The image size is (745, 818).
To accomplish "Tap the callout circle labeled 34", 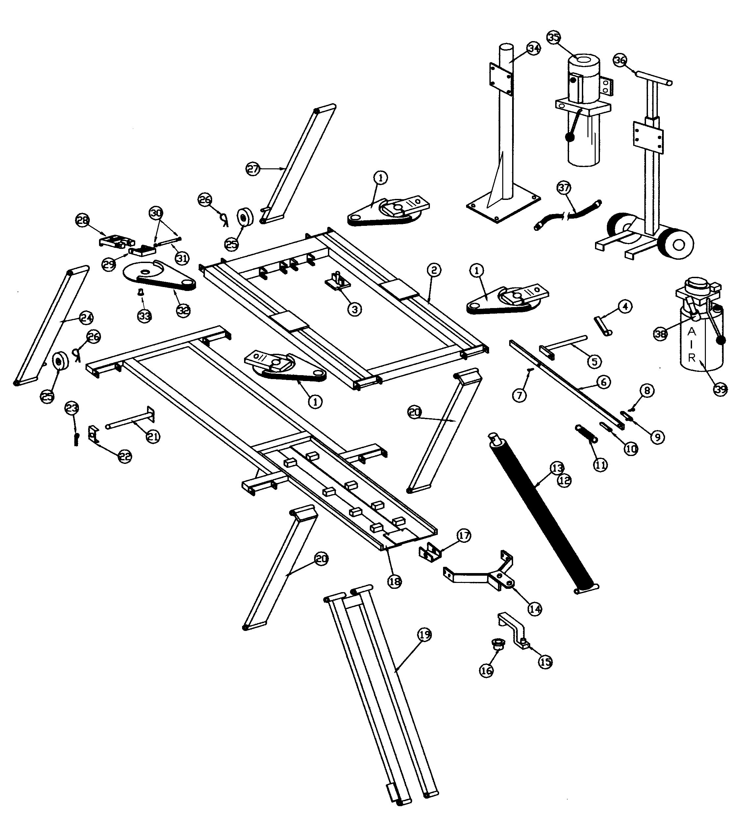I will (534, 48).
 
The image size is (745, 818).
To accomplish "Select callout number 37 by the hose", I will (564, 187).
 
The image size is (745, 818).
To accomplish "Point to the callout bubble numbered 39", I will (720, 390).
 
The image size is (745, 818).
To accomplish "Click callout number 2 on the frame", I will (434, 270).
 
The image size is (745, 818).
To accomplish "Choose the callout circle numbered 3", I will (355, 309).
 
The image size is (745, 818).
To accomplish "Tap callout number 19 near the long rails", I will (424, 635).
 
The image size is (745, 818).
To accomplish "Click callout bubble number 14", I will (535, 609).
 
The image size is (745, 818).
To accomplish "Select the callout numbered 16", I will (486, 671).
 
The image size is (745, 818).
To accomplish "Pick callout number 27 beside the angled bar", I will (253, 169).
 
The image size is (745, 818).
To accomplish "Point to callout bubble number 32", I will (183, 310).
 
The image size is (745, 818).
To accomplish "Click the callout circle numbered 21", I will (153, 437).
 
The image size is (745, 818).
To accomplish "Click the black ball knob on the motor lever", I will (570, 137).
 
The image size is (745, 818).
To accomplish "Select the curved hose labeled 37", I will (568, 215).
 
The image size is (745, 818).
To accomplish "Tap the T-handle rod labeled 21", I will (130, 424).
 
